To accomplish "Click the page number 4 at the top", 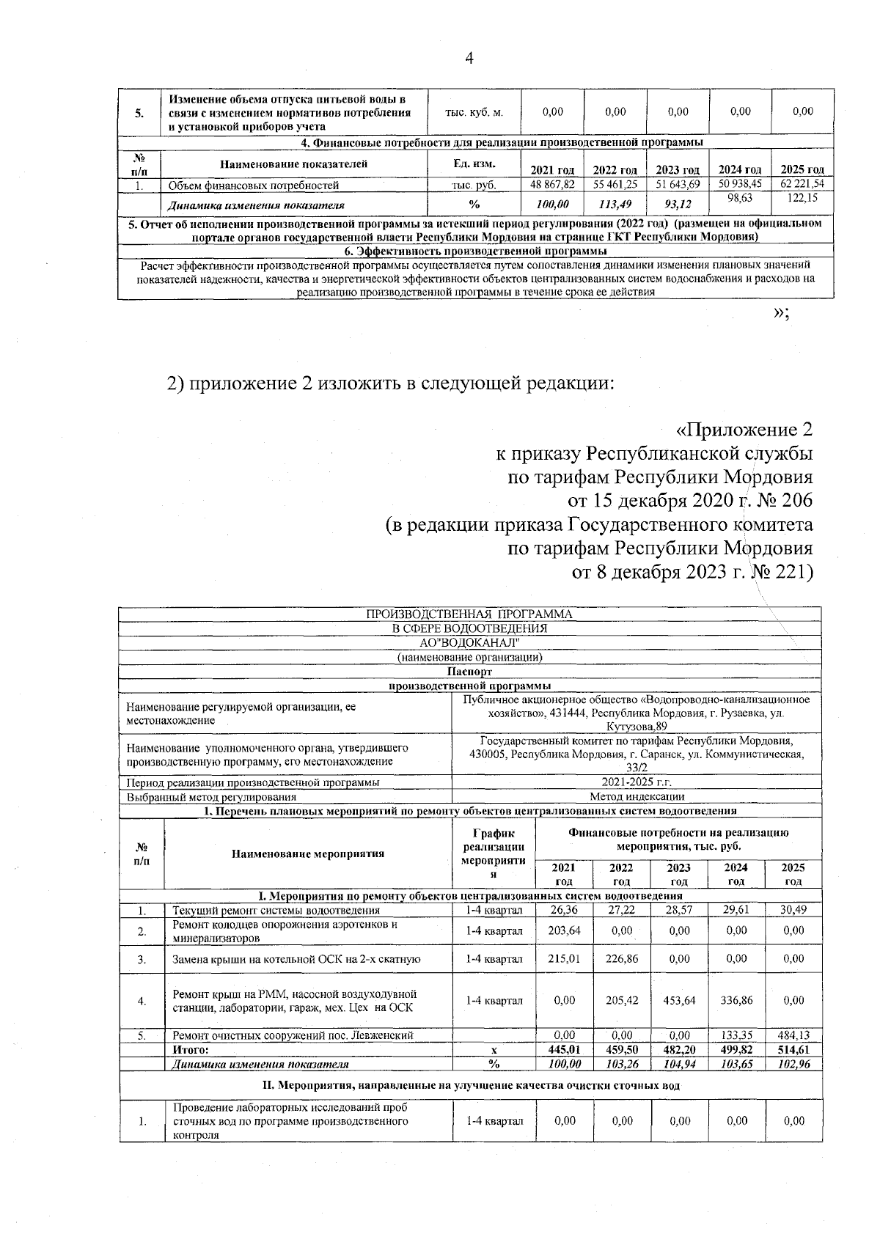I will click(x=470, y=59).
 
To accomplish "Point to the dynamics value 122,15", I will click(x=802, y=199).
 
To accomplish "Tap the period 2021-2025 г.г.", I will click(x=637, y=782).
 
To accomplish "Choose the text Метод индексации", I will click(x=637, y=796).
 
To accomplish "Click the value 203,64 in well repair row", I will click(x=564, y=930).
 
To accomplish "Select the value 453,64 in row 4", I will click(x=679, y=1000).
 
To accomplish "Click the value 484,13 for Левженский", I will click(x=793, y=1035).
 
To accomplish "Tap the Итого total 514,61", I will click(x=793, y=1050).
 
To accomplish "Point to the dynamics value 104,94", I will click(x=679, y=1064).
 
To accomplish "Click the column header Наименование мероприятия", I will click(x=308, y=853).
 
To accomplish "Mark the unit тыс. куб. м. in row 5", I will click(x=474, y=112).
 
